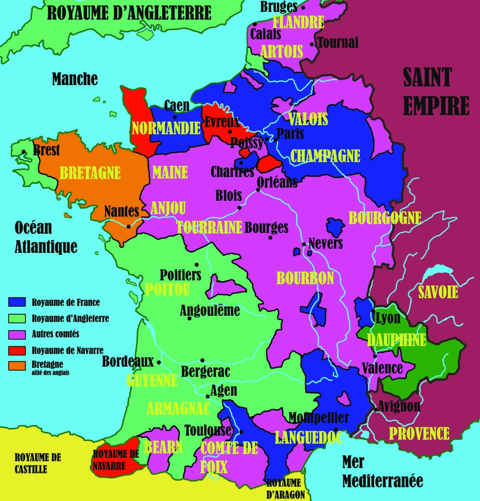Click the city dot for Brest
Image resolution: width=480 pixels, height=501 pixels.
24,151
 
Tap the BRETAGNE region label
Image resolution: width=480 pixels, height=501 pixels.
90,173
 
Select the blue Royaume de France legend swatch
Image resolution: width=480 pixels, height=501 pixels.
17,302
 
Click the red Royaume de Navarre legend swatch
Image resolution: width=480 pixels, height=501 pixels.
17,350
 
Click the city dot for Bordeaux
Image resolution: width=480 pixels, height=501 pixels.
159,362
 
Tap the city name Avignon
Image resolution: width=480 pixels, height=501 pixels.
399,406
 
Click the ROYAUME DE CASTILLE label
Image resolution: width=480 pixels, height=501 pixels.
37,463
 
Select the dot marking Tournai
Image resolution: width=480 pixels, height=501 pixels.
312,44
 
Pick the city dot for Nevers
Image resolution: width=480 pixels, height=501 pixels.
304,244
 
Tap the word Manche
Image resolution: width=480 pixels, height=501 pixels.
75,79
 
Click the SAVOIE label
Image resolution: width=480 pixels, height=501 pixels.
438,292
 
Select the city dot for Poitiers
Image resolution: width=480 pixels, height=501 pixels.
197,265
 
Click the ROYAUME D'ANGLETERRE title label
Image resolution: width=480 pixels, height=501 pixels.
129,13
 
